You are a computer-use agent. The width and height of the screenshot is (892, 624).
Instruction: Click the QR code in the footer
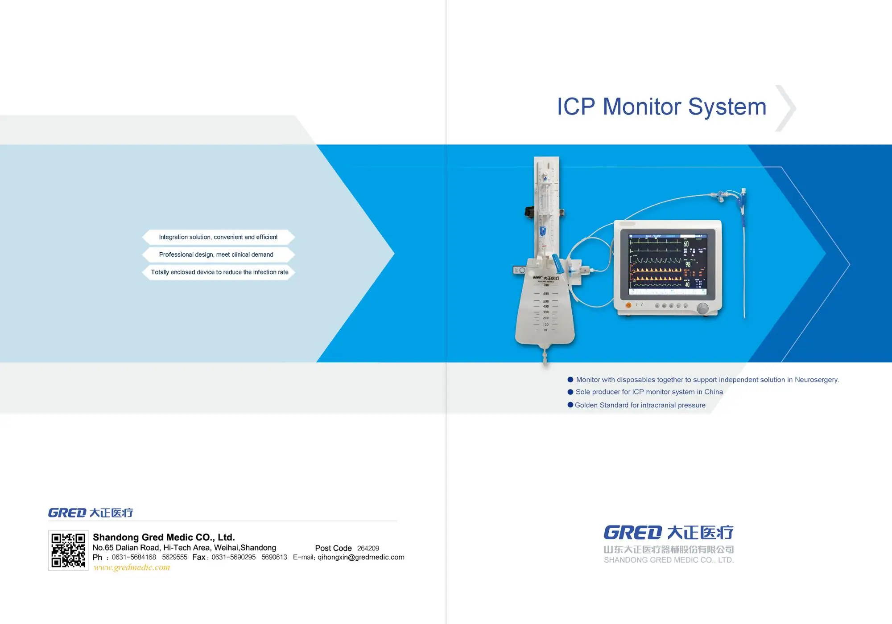coord(68,550)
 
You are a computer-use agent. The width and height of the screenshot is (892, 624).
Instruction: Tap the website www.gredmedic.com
coord(132,567)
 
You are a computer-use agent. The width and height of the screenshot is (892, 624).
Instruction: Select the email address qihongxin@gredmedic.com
coord(361,557)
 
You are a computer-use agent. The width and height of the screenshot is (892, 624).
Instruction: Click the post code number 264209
coord(368,548)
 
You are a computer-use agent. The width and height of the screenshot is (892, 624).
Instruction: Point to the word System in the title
coord(727,107)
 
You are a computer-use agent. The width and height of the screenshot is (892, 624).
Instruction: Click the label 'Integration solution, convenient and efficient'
coord(218,237)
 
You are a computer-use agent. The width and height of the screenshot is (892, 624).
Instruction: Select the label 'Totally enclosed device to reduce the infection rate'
coord(219,272)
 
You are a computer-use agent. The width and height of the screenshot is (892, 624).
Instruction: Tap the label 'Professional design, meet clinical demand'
coord(216,255)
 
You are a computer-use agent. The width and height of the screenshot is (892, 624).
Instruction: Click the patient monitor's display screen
coord(668,264)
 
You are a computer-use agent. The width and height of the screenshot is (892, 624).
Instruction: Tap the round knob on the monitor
coord(702,308)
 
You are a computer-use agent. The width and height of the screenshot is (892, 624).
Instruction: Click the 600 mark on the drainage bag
coord(546,294)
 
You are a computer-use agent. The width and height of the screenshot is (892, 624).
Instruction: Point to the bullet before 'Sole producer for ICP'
coord(570,392)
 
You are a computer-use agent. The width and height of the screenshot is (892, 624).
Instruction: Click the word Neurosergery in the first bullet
coord(816,380)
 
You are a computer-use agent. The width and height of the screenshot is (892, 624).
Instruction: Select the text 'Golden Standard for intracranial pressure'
coord(640,405)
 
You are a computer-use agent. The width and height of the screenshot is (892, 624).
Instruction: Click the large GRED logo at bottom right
coord(632,533)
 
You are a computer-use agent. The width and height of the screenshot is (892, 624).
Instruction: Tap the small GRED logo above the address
coord(67,513)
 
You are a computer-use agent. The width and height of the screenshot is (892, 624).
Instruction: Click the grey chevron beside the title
coord(786,108)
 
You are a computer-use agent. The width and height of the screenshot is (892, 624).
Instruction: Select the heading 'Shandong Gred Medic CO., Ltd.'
coord(164,537)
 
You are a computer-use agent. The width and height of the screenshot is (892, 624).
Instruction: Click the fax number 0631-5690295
coord(233,557)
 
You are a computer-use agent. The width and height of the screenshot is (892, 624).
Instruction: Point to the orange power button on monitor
coord(628,305)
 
